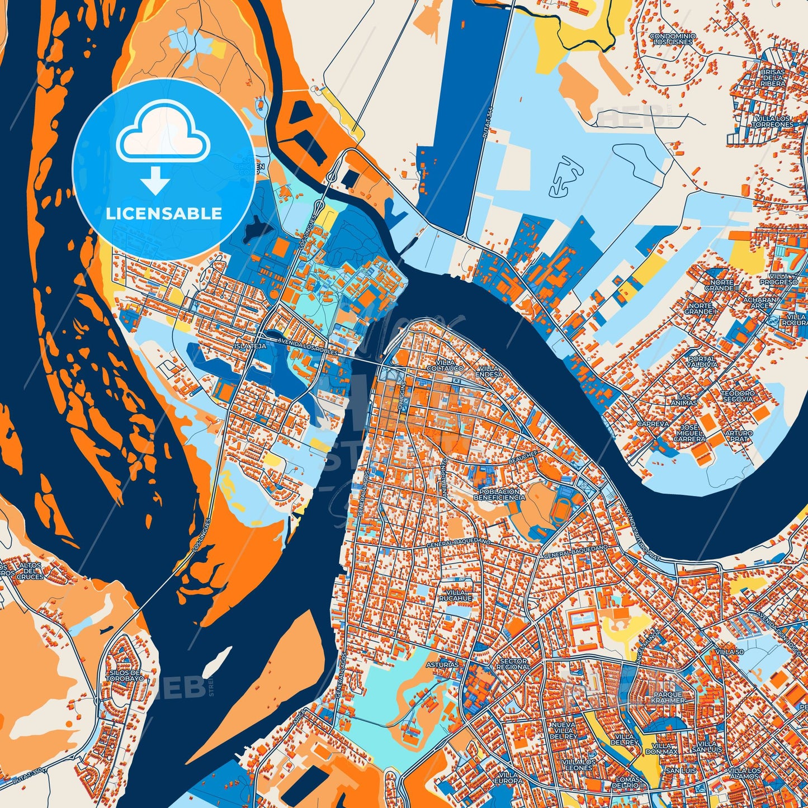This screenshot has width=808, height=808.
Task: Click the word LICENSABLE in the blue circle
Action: pos(164,214)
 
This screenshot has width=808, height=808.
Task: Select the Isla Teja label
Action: pos(250,346)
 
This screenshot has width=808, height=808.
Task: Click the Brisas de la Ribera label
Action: pos(773,78)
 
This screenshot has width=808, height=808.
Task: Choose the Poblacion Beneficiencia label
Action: pos(499,494)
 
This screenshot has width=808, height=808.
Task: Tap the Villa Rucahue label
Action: pos(456,595)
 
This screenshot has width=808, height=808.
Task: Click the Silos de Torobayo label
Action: pos(126,675)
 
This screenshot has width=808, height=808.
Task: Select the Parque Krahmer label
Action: pos(668,697)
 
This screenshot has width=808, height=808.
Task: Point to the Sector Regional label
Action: pos(513,664)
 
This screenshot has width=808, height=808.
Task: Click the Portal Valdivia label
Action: pos(702,361)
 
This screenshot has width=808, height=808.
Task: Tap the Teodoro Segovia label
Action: pos(738,396)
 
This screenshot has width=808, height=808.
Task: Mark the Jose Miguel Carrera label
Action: pos(689,433)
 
